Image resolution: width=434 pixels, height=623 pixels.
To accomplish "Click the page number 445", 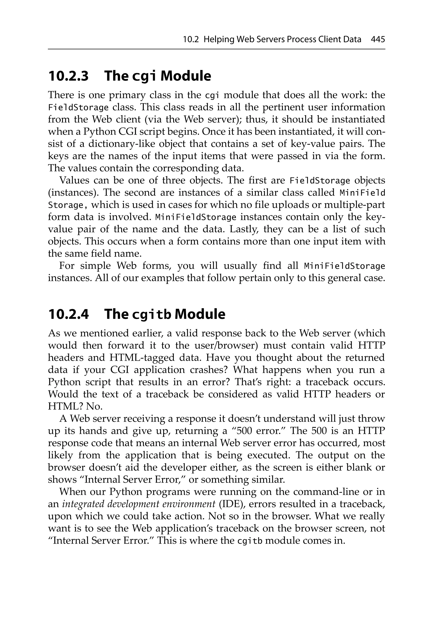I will tap(378, 40).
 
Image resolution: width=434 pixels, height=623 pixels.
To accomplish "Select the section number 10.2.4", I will tap(68, 314).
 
